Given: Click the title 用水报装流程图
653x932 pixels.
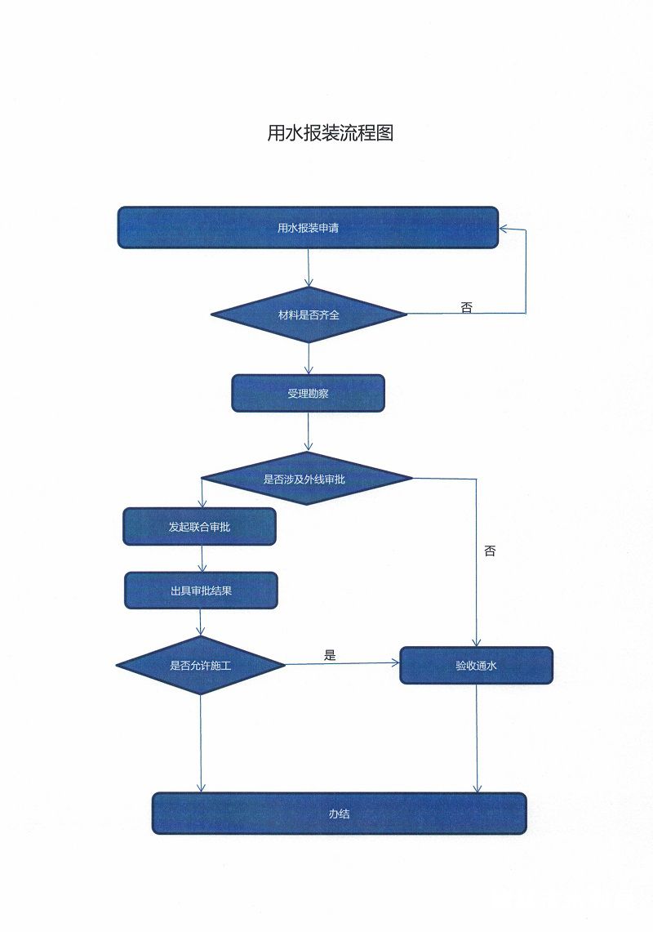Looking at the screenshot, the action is tap(331, 132).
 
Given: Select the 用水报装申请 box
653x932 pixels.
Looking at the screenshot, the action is tap(308, 228).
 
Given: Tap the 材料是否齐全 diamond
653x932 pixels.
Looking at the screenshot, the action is tap(309, 315).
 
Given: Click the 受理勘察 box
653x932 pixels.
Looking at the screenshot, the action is tap(308, 393).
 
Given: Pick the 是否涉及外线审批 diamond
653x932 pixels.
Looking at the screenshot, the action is tap(307, 479).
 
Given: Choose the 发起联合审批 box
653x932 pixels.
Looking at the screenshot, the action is tap(200, 527).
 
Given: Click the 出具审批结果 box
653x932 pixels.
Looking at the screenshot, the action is tap(201, 591).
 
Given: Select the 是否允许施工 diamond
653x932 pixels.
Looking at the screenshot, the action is tap(201, 665).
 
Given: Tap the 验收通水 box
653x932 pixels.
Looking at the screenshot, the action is tap(477, 666).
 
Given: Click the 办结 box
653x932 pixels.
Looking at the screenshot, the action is tap(340, 813).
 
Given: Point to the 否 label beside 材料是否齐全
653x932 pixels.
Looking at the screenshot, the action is tap(466, 307).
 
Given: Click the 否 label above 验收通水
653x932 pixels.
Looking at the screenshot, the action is tap(490, 551).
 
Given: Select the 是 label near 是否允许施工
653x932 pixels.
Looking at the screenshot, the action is tap(330, 655).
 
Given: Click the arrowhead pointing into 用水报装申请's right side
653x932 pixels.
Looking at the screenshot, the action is tap(504, 229).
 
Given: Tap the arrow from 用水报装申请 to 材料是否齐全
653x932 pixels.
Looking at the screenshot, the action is tap(309, 267).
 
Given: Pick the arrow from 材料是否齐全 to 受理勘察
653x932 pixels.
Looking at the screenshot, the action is tap(309, 359).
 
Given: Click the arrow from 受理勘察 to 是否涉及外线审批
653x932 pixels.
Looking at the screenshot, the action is tap(308, 431).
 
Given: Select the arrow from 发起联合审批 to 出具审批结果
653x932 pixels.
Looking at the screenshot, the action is tap(202, 559).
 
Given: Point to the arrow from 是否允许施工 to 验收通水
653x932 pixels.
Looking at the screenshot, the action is tap(343, 663).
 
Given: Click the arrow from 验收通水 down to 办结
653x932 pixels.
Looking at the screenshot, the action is tap(477, 738).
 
